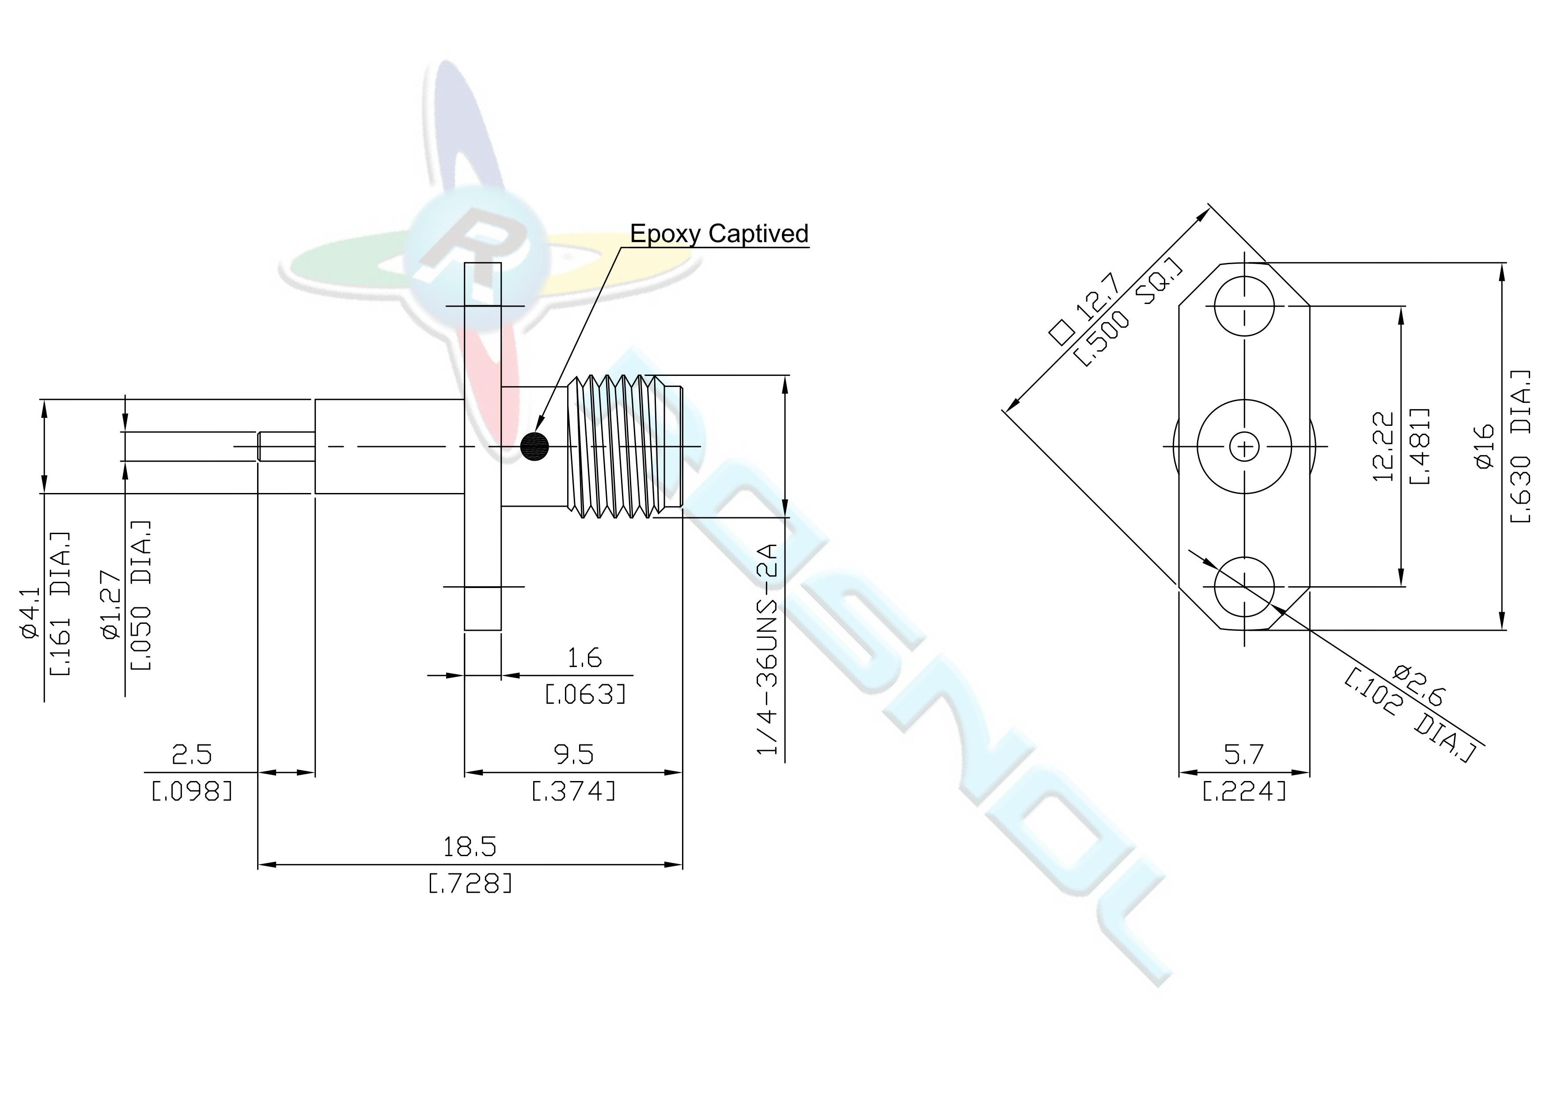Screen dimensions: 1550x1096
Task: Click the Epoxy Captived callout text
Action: click(x=719, y=234)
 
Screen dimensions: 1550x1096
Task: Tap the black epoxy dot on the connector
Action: click(x=534, y=446)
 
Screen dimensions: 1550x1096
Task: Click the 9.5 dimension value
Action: click(x=574, y=755)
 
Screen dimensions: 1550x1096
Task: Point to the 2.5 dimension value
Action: click(x=193, y=755)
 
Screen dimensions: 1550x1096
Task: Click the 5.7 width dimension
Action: click(x=1243, y=755)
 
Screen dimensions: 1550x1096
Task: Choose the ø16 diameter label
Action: click(x=1485, y=446)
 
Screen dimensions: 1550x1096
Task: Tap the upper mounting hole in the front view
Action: click(x=1244, y=305)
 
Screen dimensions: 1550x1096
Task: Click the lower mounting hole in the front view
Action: click(x=1244, y=587)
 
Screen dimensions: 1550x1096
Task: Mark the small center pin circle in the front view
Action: click(x=1244, y=446)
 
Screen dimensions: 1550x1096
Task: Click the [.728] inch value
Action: click(x=470, y=883)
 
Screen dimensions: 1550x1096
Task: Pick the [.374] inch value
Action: click(x=574, y=791)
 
